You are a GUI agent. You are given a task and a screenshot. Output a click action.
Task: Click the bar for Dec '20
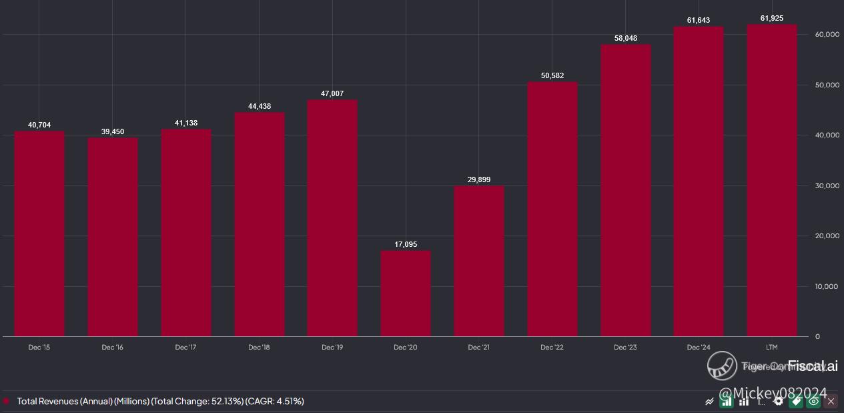[x=406, y=294]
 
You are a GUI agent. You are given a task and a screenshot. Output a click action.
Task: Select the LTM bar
[x=772, y=180]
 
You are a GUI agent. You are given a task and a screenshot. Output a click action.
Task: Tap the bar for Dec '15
[x=39, y=234]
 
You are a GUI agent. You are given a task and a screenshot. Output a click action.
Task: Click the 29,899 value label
[x=479, y=179]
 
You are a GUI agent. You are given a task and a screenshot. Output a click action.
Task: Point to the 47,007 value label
[x=332, y=94]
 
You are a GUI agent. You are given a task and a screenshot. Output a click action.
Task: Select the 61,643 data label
[x=699, y=21]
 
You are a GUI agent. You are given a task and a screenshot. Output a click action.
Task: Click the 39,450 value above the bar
[x=113, y=132]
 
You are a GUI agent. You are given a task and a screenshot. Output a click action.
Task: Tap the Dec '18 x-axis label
[x=259, y=348]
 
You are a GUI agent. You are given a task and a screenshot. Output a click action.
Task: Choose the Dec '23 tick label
[x=625, y=348]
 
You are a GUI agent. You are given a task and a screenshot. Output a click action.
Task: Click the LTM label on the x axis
[x=772, y=348]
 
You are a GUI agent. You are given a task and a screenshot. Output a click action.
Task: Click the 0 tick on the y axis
[x=817, y=337]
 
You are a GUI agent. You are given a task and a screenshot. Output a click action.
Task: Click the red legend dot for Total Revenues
[x=7, y=401]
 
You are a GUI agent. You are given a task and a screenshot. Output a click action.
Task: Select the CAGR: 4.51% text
[x=275, y=401]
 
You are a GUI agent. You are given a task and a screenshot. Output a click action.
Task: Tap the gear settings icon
[x=778, y=401]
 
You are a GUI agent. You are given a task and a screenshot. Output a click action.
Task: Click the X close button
[x=831, y=401]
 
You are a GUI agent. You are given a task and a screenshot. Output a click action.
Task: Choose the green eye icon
[x=813, y=401]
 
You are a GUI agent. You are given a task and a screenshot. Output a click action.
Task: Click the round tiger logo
[x=722, y=366]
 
